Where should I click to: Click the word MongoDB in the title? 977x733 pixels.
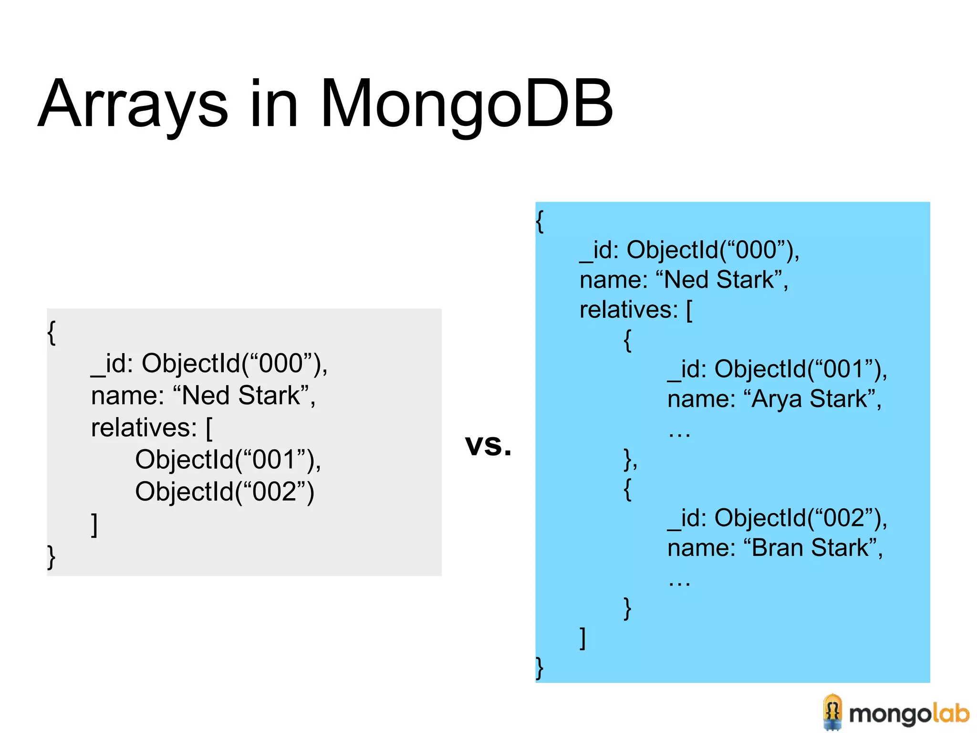(467, 104)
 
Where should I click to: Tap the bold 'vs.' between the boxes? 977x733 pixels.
(488, 445)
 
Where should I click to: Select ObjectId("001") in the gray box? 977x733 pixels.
(227, 460)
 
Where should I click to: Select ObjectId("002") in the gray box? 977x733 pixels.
(224, 492)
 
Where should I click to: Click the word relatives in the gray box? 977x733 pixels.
(144, 428)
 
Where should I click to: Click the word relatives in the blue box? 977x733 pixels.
(628, 310)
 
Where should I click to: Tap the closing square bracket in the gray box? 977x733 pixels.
(94, 525)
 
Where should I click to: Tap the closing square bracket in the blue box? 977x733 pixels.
(582, 638)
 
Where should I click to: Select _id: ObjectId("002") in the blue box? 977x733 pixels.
(777, 518)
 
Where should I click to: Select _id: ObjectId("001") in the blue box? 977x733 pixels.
(777, 369)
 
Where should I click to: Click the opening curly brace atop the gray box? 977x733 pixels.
(52, 332)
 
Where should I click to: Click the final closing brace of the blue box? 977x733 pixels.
(540, 668)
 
